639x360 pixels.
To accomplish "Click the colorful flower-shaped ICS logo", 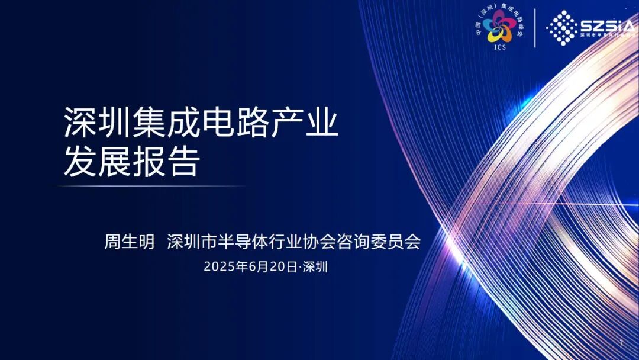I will point(500,28).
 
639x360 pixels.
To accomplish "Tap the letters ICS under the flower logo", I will point(500,48).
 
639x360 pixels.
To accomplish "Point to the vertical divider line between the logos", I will point(534,28).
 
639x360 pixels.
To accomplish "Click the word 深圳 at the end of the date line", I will point(315,267).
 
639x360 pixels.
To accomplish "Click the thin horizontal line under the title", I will point(151,186).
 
